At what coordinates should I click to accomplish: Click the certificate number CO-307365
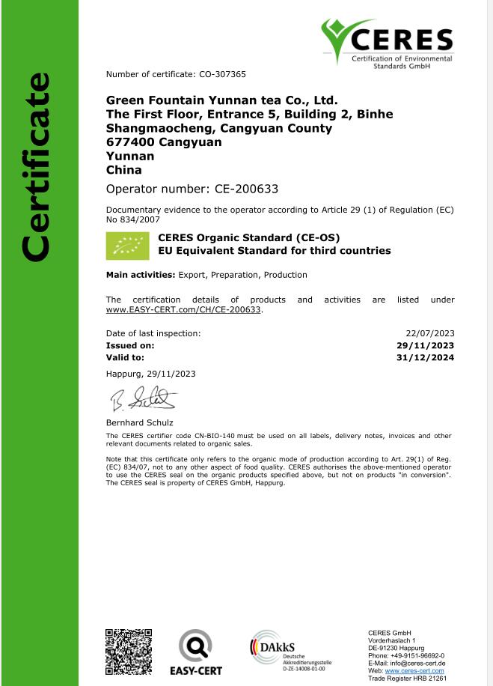[x=222, y=74]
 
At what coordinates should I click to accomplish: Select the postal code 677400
[x=130, y=142]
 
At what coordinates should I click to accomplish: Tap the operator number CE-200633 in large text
[x=236, y=189]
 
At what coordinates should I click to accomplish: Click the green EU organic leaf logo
[x=127, y=245]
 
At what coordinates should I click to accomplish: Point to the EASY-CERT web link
[x=184, y=309]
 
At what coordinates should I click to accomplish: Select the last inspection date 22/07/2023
[x=429, y=333]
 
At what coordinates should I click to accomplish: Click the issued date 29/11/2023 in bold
[x=425, y=345]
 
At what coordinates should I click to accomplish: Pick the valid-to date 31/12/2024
[x=425, y=357]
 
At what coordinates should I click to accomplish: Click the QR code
[x=129, y=652]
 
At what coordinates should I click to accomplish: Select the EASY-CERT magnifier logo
[x=195, y=646]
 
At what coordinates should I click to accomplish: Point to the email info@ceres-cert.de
[x=420, y=664]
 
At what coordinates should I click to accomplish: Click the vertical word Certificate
[x=35, y=167]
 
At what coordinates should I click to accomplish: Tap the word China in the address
[x=123, y=170]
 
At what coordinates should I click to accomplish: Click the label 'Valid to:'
[x=125, y=357]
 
